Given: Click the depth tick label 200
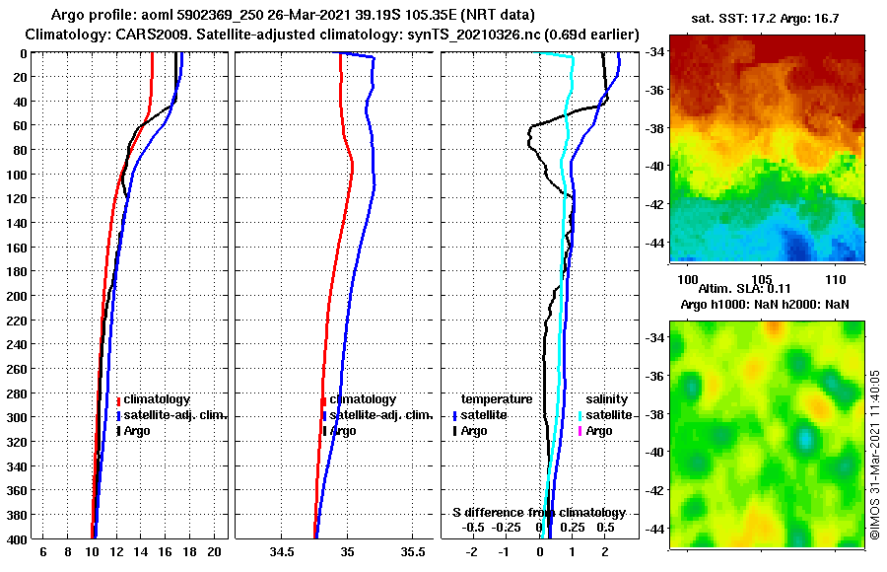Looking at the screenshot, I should pos(16,296).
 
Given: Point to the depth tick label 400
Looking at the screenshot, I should pos(16,539).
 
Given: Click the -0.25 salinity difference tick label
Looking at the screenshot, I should pos(506,528).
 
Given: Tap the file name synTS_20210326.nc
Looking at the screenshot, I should pos(493,35).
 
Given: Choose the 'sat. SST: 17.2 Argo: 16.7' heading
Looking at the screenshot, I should pos(763,18).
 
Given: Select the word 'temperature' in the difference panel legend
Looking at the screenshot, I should pos(497,399).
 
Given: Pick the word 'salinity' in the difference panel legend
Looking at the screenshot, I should pos(608,399).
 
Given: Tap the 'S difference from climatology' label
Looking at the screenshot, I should pos(539,513).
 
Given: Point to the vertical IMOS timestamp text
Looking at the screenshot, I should pos(874,454).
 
